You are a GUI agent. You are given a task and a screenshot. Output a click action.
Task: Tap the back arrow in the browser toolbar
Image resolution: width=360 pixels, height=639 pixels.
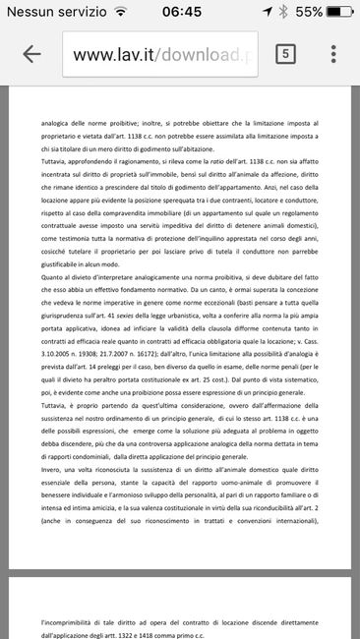point(30,53)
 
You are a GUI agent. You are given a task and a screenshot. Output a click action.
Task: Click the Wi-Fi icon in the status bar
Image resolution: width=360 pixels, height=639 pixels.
point(120,12)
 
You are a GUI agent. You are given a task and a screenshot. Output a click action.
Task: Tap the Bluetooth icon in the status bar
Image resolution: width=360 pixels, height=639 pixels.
point(282,12)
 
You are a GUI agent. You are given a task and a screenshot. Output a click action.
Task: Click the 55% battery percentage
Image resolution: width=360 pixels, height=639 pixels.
point(307,12)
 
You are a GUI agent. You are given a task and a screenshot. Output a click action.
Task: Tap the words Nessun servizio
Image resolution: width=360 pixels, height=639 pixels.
point(53,12)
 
